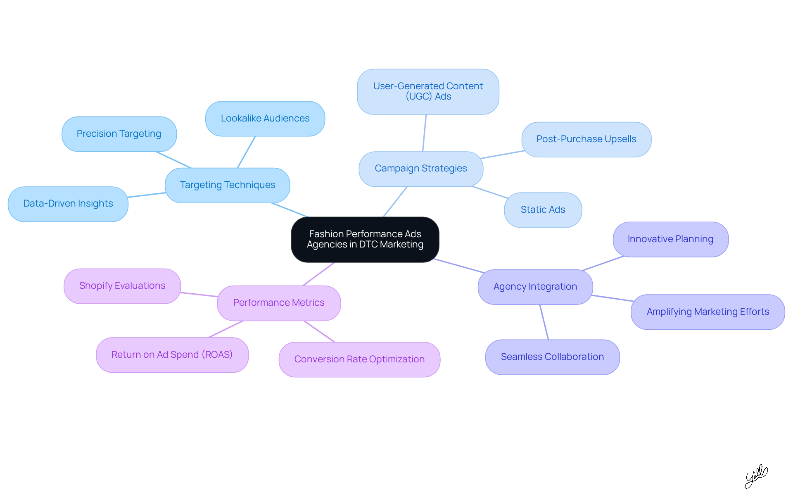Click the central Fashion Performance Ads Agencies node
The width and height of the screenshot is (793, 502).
point(365,239)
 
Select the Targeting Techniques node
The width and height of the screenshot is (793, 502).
point(228,185)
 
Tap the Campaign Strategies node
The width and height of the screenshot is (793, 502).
point(421,169)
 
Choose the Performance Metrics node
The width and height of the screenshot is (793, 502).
point(279,303)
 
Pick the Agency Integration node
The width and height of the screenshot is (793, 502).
point(535,287)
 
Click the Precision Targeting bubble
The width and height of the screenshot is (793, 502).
point(119,134)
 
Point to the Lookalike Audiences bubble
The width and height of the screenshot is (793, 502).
point(265,119)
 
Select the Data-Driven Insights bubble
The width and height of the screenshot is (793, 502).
point(68,204)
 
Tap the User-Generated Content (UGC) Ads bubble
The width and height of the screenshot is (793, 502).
point(428,91)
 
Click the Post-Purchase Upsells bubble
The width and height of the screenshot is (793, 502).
point(586,139)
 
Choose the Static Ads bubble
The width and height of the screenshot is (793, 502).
point(543,210)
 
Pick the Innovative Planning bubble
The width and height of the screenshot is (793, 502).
point(670,239)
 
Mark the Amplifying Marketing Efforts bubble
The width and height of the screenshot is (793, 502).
point(708,312)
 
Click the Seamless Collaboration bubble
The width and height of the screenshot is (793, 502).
point(552,357)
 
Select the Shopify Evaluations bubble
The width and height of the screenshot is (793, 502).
point(122,286)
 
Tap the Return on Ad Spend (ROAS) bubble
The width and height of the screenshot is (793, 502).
point(172,355)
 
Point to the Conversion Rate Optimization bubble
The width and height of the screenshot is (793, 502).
point(359,359)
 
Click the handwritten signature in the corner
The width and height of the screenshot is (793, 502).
point(756,476)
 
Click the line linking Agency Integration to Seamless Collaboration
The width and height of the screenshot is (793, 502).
point(544,322)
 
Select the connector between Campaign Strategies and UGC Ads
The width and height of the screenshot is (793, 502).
point(424,133)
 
